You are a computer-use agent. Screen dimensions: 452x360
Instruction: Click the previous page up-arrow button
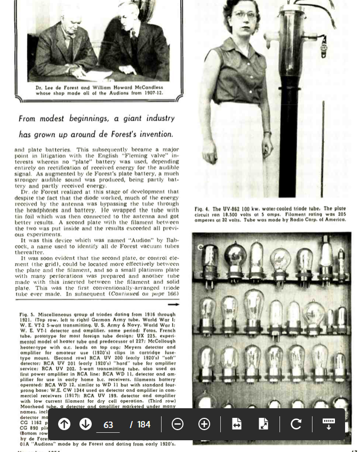pos(64,424)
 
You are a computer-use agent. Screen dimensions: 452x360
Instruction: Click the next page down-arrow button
pos(85,424)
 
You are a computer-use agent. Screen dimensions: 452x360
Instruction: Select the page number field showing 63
pos(108,425)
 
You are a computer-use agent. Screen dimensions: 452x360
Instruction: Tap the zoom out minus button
pos(178,424)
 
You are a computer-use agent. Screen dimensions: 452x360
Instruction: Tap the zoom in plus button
pos(204,424)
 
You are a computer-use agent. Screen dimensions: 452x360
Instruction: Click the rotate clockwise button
pos(296,424)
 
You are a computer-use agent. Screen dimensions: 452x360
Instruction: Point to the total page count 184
pos(144,425)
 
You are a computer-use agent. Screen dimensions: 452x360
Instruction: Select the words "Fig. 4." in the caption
pos(202,209)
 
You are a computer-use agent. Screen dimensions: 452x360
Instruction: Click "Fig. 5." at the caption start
pos(27,315)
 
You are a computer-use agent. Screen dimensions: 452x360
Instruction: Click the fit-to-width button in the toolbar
pos(237,424)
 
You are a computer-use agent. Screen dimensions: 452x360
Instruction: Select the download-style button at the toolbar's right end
pos(329,424)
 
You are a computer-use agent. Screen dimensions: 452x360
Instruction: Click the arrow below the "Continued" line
pos(173,305)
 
